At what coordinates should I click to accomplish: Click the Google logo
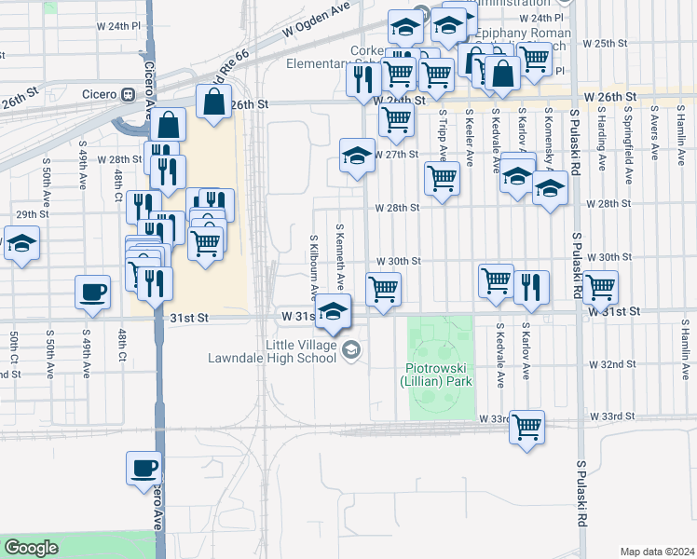pyautogui.click(x=31, y=548)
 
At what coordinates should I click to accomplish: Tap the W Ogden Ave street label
pyautogui.click(x=320, y=23)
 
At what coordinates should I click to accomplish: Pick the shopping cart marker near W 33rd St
pyautogui.click(x=527, y=428)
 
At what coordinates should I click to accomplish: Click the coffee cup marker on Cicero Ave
pyautogui.click(x=143, y=468)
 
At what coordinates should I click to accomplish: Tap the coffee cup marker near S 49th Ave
pyautogui.click(x=92, y=292)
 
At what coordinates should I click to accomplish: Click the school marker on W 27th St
pyautogui.click(x=357, y=156)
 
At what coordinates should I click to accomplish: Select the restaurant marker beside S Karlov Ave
pyautogui.click(x=531, y=287)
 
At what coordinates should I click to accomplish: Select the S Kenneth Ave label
pyautogui.click(x=341, y=256)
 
